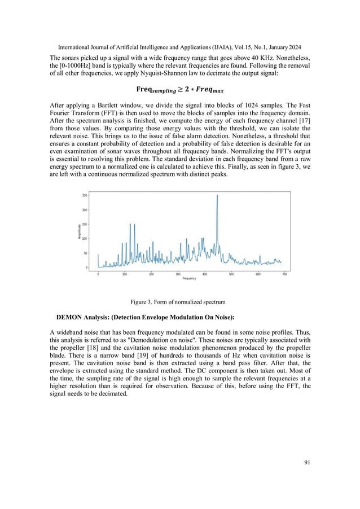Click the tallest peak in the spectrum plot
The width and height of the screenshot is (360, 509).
pyautogui.click(x=217, y=196)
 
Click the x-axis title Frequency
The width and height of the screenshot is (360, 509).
pyautogui.click(x=189, y=279)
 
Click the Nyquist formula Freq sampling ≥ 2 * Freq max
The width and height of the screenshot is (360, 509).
pyautogui.click(x=179, y=89)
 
